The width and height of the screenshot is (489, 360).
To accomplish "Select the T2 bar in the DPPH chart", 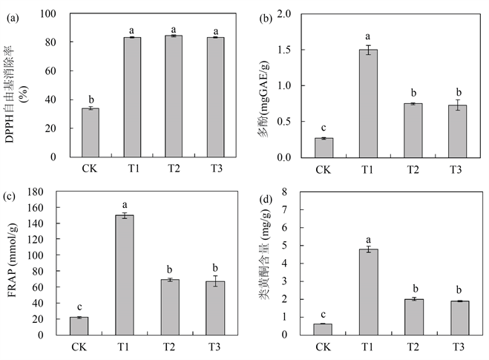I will click(173, 96).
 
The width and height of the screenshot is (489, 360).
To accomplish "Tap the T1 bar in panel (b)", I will click(368, 103).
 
